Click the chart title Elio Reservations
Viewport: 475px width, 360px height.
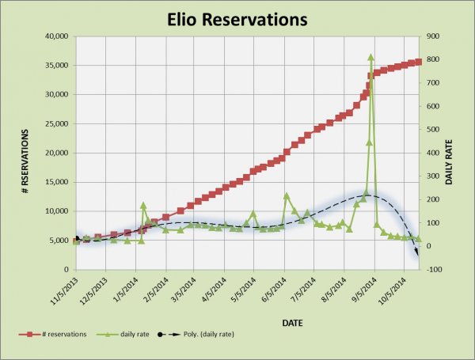tap(237, 17)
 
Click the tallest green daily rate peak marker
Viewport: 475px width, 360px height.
tap(370, 57)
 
